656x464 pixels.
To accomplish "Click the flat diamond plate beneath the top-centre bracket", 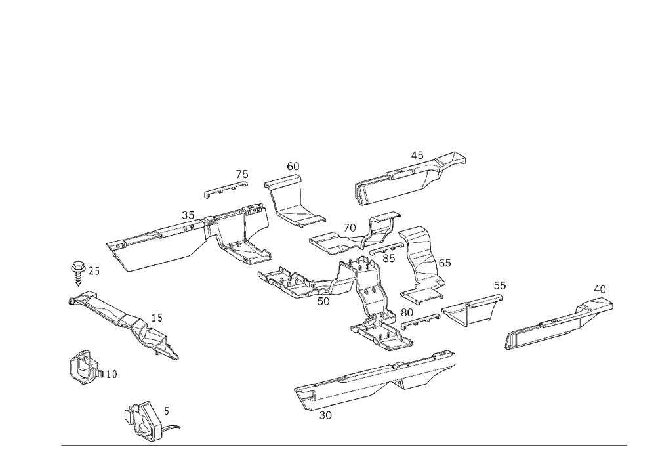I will point(298,215).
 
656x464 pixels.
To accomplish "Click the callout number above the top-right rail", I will point(414,154).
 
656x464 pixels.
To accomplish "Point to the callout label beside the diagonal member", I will point(155,318).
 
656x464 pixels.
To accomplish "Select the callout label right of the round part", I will point(110,374).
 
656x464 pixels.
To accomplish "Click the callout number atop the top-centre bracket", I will point(293,165).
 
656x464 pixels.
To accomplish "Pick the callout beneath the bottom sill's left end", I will point(324,415).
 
